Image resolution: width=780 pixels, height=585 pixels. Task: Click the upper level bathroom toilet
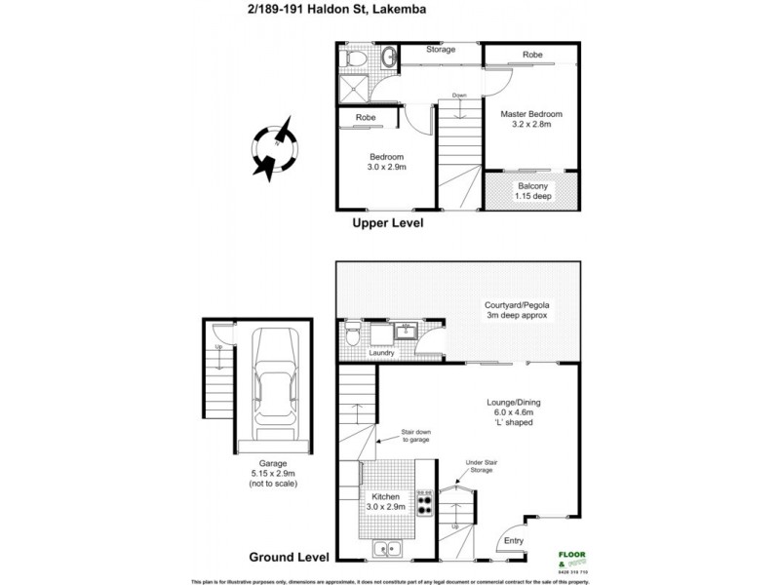pyautogui.click(x=358, y=59)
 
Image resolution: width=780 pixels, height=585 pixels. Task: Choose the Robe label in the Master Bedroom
pyautogui.click(x=531, y=55)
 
